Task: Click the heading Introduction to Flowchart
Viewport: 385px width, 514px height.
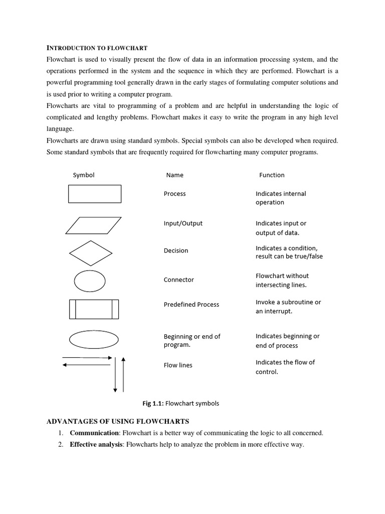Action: point(97,48)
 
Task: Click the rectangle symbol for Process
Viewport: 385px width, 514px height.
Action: point(95,194)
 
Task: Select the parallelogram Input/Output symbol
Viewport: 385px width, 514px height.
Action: point(94,225)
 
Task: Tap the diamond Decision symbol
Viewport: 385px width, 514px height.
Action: point(91,253)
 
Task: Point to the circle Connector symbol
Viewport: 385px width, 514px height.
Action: point(90,281)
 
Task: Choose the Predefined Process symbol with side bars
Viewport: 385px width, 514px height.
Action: point(94,309)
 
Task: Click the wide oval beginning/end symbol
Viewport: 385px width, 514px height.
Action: point(94,339)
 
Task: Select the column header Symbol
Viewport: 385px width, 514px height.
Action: point(84,175)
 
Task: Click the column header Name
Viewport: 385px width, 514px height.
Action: point(174,175)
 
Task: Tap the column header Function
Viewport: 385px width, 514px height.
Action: point(272,175)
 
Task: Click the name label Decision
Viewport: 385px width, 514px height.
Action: point(176,250)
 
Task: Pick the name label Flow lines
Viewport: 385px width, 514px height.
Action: point(178,365)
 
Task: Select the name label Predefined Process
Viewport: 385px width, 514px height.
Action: point(191,304)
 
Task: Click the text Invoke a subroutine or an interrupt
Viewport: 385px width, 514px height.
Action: point(288,307)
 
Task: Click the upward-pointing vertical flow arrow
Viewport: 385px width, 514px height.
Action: point(123,374)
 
